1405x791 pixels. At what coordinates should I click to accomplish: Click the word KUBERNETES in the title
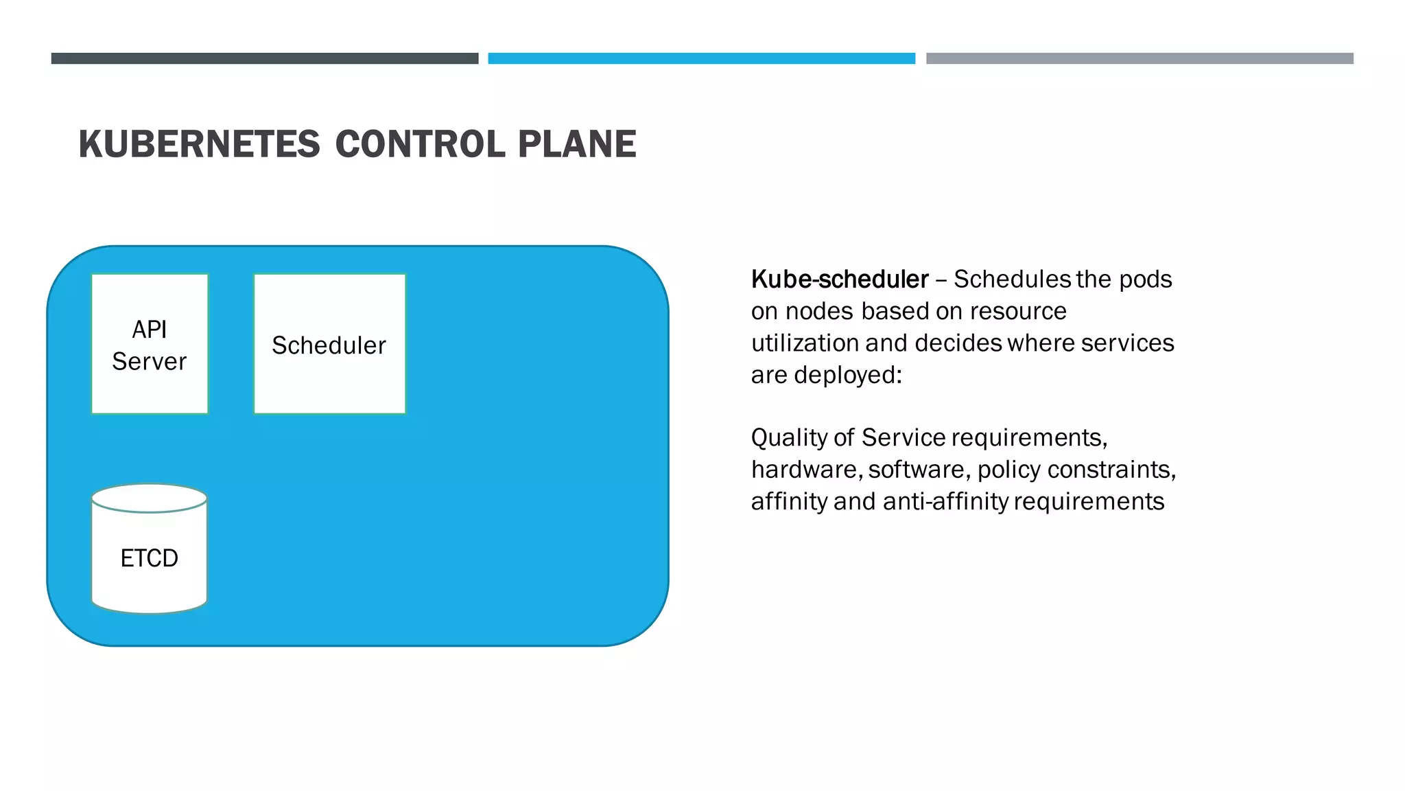click(199, 144)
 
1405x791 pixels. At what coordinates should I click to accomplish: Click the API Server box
click(150, 345)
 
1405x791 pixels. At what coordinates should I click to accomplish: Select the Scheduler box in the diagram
click(329, 345)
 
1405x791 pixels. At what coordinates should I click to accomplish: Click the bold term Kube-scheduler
click(840, 279)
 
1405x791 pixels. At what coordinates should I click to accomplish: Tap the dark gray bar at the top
click(265, 58)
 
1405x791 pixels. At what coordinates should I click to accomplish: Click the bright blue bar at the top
click(701, 58)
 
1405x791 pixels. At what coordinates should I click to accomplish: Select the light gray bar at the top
click(1140, 58)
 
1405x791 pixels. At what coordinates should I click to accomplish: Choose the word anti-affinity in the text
click(945, 502)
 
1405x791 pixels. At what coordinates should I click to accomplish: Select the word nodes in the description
click(820, 312)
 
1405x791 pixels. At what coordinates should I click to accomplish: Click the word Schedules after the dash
click(1012, 279)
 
